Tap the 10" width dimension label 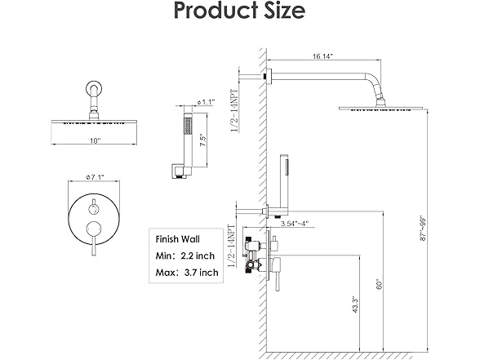[96, 140]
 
